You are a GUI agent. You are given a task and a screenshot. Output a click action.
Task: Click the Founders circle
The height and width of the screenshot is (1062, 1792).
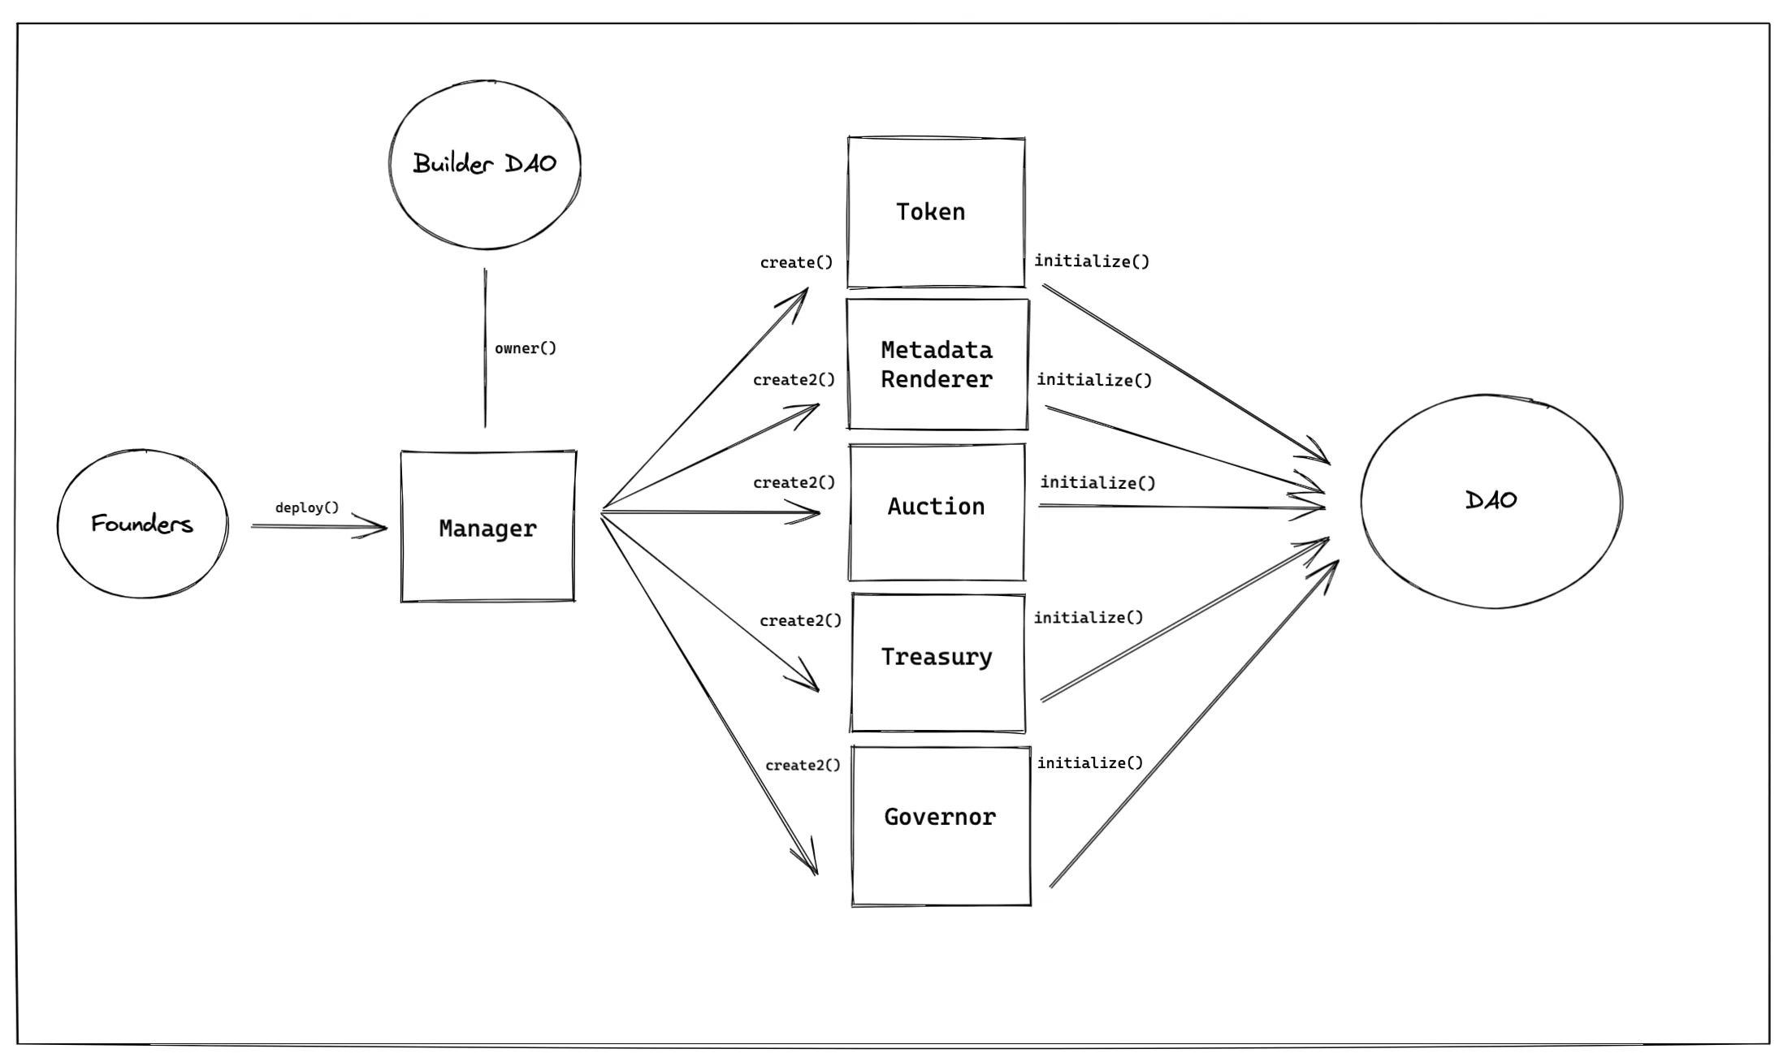point(142,524)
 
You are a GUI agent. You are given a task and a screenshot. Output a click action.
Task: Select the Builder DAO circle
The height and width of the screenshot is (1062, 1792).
point(485,164)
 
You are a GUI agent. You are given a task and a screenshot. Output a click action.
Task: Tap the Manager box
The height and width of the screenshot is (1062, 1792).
point(487,528)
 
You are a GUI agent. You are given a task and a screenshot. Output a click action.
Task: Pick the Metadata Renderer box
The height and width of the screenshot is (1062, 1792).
point(937,365)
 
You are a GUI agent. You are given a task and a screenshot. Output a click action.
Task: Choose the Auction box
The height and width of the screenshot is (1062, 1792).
point(936,512)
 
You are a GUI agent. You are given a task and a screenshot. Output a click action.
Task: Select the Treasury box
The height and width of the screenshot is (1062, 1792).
point(937,662)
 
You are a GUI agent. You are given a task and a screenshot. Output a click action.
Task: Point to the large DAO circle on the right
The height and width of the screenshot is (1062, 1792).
point(1491,501)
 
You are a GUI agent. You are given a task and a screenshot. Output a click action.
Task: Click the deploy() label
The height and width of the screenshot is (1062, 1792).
point(306,507)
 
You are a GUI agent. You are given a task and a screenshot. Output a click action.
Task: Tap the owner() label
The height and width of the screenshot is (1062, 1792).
point(526,348)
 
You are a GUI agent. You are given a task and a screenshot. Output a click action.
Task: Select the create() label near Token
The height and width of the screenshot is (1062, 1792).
point(796,262)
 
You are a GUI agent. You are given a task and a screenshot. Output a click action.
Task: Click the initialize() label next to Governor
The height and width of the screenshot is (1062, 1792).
point(1089,762)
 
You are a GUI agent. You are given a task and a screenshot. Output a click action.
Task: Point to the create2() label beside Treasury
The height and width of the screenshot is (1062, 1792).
point(800,620)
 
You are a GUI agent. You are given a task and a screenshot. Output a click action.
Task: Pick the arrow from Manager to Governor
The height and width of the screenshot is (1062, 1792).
point(707,690)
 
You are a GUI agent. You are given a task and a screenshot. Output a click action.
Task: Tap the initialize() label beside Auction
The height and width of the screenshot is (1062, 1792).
point(1097,482)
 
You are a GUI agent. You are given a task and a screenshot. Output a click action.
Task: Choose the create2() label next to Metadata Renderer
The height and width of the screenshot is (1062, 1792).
point(794,379)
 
